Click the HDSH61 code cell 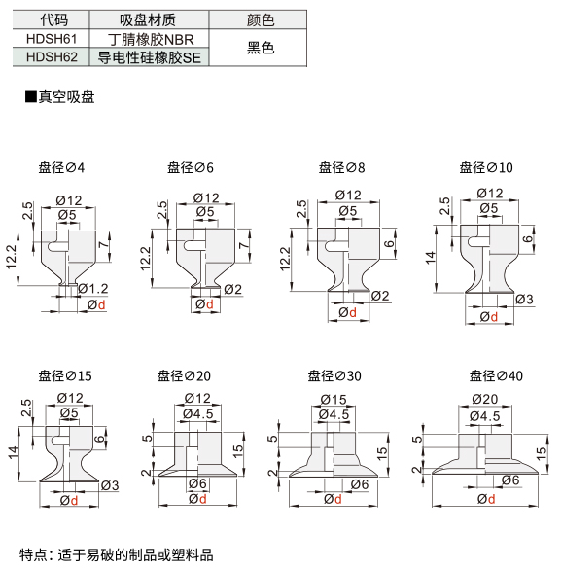coord(52,39)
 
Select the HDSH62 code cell coord(52,57)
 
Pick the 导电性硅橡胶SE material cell coord(149,57)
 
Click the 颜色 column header coord(261,20)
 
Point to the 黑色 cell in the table coord(261,48)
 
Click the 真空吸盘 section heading coord(60,97)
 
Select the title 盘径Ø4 coord(61,167)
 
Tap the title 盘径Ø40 coord(496,376)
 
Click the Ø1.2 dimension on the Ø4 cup coord(93,289)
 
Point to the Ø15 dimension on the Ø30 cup coord(334,400)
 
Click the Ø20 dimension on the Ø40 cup coord(485,400)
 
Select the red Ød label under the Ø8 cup coord(347,312)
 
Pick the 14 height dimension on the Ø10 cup coord(431,258)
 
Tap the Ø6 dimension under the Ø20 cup coord(197,483)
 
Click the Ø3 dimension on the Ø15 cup coord(110,485)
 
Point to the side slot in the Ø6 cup coord(193,246)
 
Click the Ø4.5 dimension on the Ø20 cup coord(198,414)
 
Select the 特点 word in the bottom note coord(33,554)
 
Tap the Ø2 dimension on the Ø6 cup coord(232,290)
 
